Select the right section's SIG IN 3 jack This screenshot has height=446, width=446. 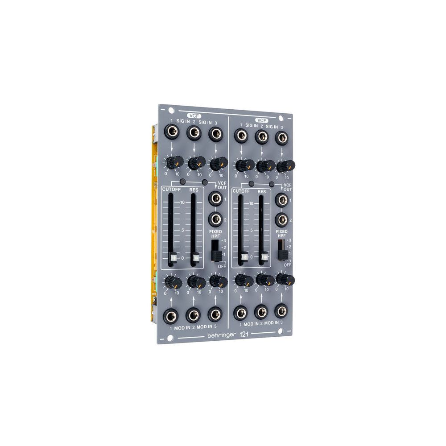point(281,137)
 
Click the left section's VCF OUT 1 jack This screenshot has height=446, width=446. point(215,198)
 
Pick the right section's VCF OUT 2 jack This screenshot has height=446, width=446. point(281,219)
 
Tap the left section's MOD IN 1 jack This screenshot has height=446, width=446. point(171,317)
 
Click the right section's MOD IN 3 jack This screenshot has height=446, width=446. point(281,311)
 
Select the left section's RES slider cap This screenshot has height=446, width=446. point(195,257)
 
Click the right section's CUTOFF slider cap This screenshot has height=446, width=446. point(244,256)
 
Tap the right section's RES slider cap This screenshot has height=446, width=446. point(264,256)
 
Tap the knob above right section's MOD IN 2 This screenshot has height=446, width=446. point(264,280)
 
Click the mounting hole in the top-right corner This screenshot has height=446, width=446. point(280,118)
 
